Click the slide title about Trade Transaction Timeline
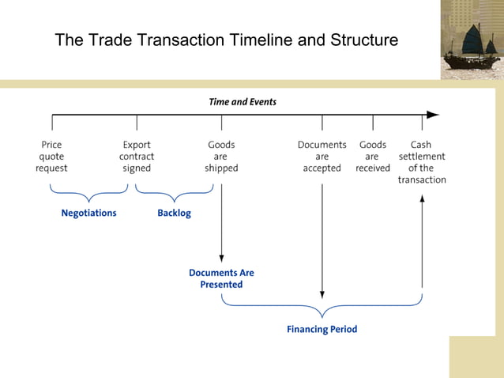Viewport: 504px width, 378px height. (x=226, y=40)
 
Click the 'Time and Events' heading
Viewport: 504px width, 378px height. (x=243, y=102)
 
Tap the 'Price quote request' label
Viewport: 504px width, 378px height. (x=51, y=157)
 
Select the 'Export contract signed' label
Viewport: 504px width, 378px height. (x=137, y=157)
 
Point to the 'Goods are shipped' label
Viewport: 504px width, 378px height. (x=221, y=157)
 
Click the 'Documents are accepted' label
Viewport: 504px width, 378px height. (x=322, y=157)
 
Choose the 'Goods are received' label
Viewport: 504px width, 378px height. (x=373, y=157)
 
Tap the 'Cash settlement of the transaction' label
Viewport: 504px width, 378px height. (x=422, y=162)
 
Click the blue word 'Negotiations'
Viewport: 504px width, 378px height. (x=88, y=214)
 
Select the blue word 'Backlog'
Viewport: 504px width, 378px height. (x=174, y=214)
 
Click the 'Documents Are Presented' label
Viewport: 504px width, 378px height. (x=221, y=278)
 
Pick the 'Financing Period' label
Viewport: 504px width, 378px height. (x=322, y=329)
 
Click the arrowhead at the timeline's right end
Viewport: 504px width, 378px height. (x=433, y=115)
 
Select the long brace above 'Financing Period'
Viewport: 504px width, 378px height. (x=322, y=305)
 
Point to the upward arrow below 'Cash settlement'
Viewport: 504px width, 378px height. (x=422, y=237)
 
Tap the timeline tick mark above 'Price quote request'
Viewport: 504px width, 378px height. (x=52, y=122)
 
